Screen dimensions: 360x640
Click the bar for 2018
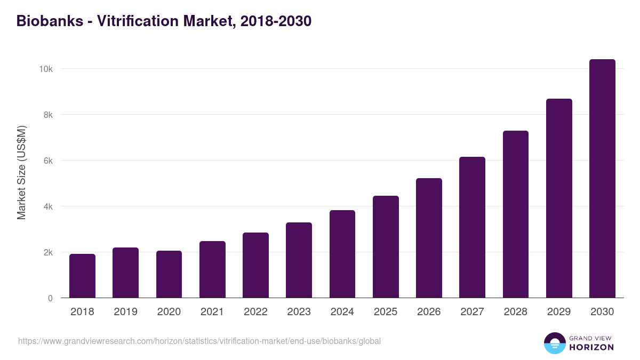click(82, 276)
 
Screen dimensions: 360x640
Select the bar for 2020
click(169, 274)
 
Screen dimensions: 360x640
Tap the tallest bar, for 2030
click(602, 179)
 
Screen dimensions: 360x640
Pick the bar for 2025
click(386, 247)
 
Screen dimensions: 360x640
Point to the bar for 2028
click(516, 214)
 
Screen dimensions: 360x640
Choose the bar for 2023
click(299, 260)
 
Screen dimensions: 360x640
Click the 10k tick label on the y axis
click(45, 69)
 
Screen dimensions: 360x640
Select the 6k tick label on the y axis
click(47, 161)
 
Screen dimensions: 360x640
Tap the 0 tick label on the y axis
click(50, 298)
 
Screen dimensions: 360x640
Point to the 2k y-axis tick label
click(47, 252)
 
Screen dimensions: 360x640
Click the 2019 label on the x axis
click(125, 312)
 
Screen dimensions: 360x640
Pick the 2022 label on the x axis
click(255, 312)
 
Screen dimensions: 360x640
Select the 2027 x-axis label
click(472, 312)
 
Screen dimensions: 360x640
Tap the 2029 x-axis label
click(558, 312)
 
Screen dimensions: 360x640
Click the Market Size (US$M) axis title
click(21, 173)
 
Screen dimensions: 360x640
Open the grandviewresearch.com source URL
click(199, 341)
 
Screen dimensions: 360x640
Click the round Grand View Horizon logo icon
click(555, 343)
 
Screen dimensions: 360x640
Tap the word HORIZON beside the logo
click(591, 347)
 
